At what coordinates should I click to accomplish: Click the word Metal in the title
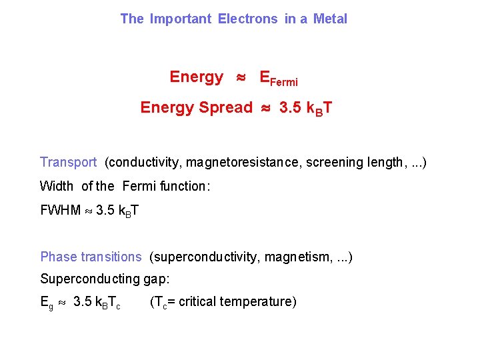tap(330, 19)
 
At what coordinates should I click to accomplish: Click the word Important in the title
tap(180, 19)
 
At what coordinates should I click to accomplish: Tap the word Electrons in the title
tap(247, 19)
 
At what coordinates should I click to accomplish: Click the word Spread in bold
tap(225, 107)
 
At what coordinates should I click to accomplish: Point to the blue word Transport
tap(68, 162)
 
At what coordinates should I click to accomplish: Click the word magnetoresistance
tap(243, 162)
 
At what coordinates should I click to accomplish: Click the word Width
tap(57, 186)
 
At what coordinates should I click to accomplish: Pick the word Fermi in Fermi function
tap(139, 186)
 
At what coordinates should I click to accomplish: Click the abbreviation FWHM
tap(61, 211)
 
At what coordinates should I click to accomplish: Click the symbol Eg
tap(47, 303)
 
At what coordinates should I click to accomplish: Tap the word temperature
tap(261, 302)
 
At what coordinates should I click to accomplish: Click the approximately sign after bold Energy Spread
tap(265, 108)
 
